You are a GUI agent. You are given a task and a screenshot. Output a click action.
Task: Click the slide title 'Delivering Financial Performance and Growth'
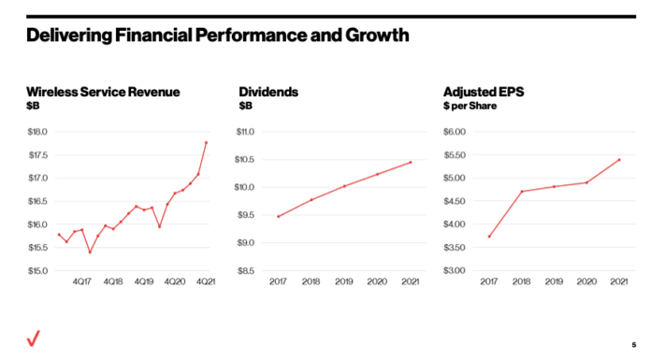217,37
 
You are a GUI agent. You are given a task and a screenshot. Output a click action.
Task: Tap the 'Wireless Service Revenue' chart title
103,92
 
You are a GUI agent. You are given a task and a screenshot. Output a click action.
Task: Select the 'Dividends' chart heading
268,92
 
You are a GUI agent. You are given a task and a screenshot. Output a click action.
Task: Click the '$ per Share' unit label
469,106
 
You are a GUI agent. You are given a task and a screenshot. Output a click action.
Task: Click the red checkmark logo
35,339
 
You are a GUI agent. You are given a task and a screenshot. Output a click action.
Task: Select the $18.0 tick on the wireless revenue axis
39,132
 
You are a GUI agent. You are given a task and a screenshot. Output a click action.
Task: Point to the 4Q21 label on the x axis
205,281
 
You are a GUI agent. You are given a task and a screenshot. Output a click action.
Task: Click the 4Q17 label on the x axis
82,281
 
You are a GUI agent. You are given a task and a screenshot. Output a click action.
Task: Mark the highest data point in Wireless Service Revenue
206,142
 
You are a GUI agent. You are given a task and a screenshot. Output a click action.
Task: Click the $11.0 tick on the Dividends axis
244,132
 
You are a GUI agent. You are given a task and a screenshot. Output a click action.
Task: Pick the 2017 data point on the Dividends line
278,216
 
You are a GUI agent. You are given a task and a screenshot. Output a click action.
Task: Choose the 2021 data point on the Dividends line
411,162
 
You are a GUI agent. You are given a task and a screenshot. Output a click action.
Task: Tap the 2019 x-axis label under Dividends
344,281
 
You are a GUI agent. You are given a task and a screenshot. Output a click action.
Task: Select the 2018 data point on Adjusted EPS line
521,192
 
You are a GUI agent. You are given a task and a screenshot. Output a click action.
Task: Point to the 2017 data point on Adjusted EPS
488,237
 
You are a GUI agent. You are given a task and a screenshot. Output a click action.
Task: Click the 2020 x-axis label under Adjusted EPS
586,281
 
